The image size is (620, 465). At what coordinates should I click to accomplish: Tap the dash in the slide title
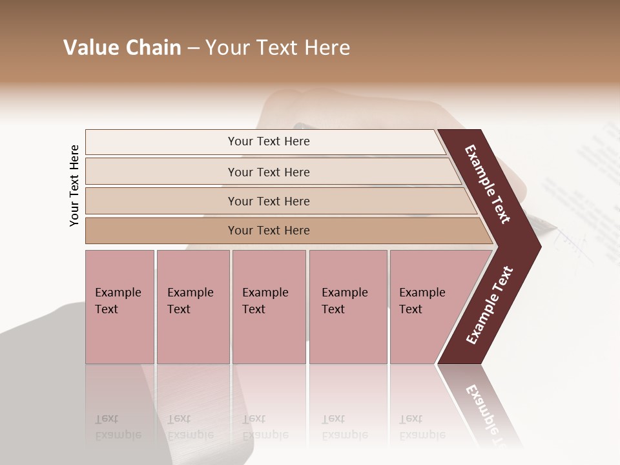[193, 48]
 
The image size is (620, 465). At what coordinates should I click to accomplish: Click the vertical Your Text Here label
[74, 185]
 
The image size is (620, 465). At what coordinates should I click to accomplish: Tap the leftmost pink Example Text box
[119, 307]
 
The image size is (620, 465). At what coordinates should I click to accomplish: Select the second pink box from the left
[193, 307]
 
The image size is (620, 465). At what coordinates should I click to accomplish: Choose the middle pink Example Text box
[269, 307]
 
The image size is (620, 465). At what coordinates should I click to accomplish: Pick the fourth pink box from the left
[348, 307]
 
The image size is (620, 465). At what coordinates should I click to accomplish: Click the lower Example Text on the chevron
[490, 305]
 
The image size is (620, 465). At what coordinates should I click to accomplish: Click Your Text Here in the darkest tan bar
[269, 231]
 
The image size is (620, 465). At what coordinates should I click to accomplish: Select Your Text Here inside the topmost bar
[269, 141]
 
